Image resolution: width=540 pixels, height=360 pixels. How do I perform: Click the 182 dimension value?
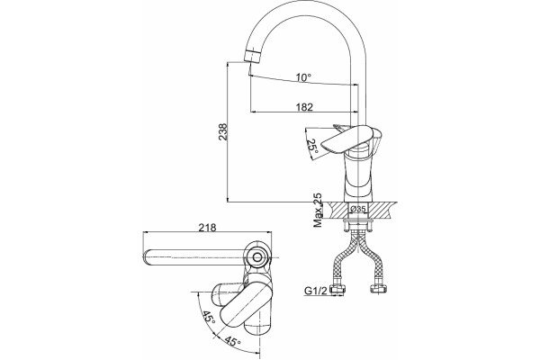(304, 107)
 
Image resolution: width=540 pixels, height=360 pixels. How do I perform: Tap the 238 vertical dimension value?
(223, 132)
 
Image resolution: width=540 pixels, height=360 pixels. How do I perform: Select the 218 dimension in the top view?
(207, 228)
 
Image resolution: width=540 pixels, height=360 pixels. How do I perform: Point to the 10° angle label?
(303, 77)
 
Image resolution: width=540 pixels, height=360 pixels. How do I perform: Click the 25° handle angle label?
(312, 146)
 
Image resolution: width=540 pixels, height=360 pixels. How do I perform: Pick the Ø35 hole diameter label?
(358, 209)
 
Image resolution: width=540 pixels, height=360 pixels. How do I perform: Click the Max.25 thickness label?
(318, 210)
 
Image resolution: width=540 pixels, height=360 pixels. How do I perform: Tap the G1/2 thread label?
(316, 292)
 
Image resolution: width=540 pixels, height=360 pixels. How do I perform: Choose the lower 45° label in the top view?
(232, 341)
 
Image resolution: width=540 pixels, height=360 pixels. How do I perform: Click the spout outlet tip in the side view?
(252, 57)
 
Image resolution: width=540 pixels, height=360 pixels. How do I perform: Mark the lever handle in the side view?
(346, 139)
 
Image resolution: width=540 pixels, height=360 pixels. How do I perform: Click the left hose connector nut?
(338, 289)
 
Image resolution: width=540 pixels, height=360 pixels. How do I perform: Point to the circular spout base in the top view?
(256, 256)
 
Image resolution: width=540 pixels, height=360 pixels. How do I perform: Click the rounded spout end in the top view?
(148, 257)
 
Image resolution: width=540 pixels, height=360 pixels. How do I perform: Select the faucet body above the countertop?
(359, 175)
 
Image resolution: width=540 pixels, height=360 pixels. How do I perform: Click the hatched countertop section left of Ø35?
(337, 210)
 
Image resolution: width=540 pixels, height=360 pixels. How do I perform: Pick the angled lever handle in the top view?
(243, 303)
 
